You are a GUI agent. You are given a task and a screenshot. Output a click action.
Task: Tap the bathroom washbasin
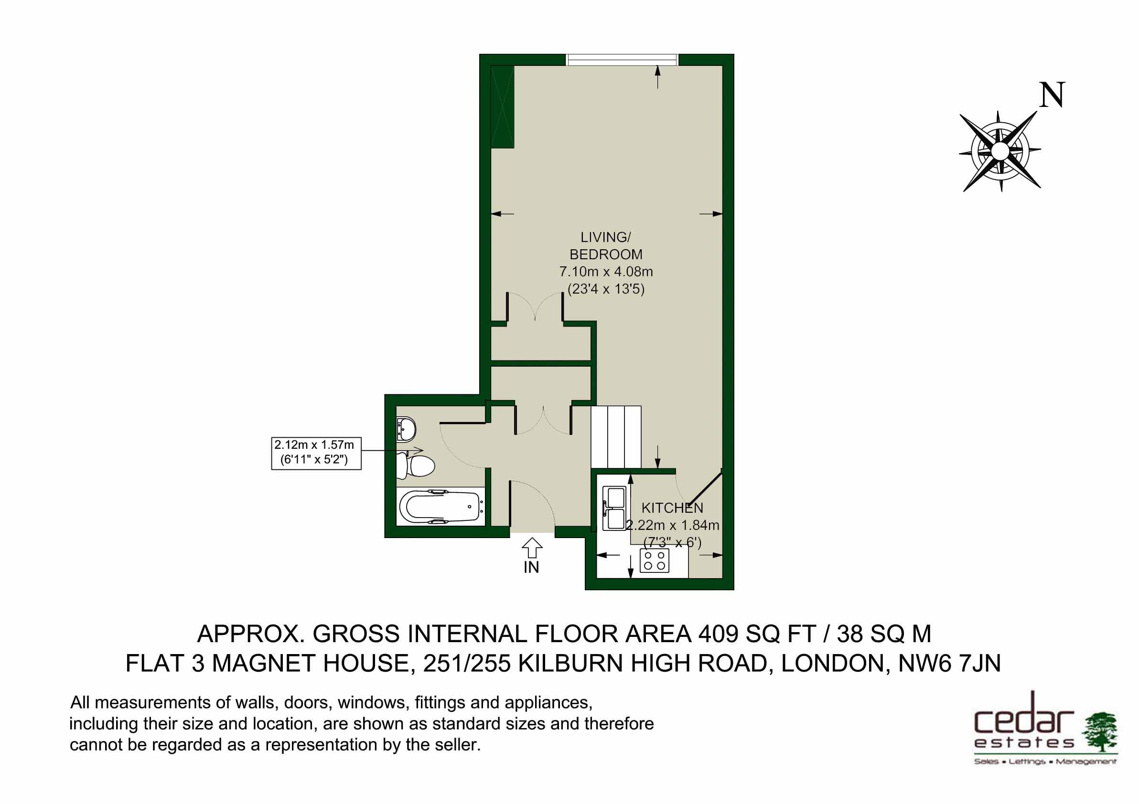point(406,428)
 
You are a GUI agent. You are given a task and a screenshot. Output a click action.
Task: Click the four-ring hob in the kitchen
point(655,560)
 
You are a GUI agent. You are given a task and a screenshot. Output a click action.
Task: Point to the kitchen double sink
point(613,508)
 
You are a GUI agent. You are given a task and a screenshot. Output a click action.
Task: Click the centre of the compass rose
point(999,151)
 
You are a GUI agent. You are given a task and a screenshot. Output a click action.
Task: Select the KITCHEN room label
point(672,508)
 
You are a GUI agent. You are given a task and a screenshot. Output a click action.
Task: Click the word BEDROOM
point(606,254)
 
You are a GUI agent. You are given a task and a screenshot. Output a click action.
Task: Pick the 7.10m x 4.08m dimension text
point(606,272)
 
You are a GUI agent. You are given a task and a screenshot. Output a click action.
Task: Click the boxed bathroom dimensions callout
point(316,453)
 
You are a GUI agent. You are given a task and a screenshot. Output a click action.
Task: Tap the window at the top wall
point(622,60)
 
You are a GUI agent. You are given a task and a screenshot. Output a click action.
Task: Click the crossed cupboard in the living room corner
point(502,106)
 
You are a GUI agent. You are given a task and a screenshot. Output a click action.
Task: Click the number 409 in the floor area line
point(720,634)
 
